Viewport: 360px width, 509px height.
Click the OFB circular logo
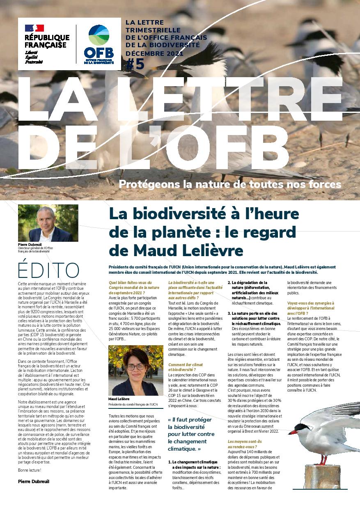(x=99, y=36)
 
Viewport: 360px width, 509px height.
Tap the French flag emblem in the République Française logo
(x=34, y=28)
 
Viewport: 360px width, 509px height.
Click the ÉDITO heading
(x=49, y=270)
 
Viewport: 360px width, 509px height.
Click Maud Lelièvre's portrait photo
(x=135, y=371)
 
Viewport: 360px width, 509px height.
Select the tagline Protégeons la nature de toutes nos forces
(x=230, y=183)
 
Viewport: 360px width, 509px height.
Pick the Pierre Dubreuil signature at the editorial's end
(x=34, y=481)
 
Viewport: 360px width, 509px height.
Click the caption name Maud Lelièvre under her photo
(x=119, y=398)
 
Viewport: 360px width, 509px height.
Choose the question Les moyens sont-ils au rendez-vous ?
(x=243, y=444)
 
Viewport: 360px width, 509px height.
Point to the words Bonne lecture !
(x=30, y=470)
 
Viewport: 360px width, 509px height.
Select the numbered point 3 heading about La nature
(x=255, y=318)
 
